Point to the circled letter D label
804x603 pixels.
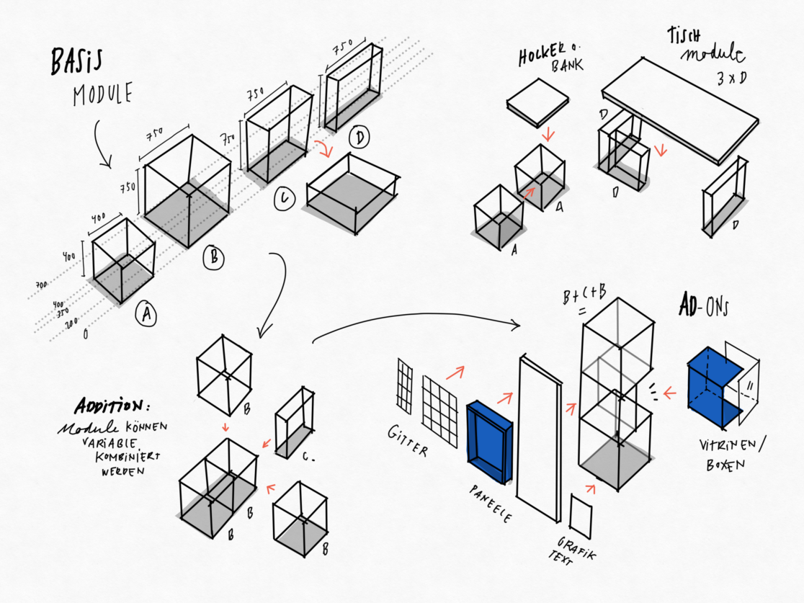358,137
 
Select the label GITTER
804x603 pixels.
408,440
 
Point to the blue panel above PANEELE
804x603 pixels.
489,441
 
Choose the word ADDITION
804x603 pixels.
116,406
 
